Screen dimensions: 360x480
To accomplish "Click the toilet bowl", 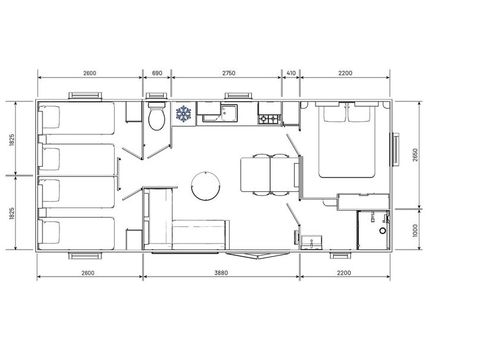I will click(156, 119).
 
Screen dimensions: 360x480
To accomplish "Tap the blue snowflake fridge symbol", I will click(183, 115).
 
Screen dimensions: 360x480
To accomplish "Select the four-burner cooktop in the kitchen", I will click(268, 119).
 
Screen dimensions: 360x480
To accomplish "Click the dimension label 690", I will click(156, 74).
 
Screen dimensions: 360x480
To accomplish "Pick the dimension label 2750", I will click(227, 74).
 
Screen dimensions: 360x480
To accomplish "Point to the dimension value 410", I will click(291, 74).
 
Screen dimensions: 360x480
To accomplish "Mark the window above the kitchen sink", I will click(229, 97).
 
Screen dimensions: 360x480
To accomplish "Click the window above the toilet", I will click(156, 98).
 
